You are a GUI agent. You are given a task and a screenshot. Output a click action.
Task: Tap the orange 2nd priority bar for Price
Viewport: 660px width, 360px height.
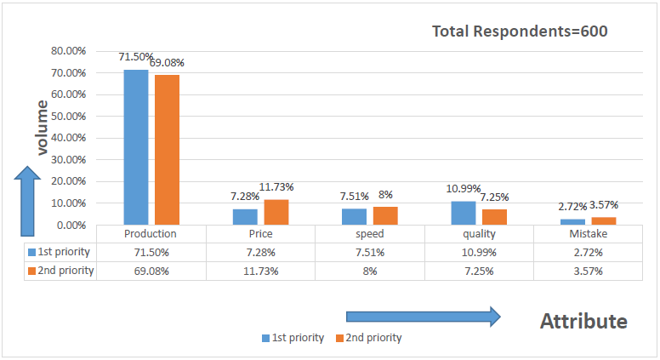[276, 212]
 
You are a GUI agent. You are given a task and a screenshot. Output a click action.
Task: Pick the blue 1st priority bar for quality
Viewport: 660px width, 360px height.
[464, 213]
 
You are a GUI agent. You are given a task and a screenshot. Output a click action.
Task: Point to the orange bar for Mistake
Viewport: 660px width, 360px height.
[604, 220]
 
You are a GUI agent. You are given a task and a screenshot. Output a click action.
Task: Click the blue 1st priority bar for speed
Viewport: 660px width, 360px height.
[354, 216]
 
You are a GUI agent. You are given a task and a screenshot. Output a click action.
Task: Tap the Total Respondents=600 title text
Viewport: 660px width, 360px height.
[520, 31]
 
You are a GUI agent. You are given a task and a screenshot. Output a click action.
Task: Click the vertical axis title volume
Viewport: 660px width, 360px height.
[41, 127]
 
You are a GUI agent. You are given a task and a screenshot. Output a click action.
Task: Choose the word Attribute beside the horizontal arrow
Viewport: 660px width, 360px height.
[583, 321]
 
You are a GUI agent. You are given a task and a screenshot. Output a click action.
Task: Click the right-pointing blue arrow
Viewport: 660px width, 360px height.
[423, 317]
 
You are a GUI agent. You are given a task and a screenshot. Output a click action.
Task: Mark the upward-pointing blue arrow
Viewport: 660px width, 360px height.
[28, 201]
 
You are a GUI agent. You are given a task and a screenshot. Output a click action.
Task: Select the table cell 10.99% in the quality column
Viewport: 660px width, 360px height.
[479, 252]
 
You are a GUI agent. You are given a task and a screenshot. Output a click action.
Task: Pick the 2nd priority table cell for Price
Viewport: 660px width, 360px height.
[260, 271]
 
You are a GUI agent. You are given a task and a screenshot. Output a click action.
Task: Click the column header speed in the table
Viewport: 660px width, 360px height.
[369, 234]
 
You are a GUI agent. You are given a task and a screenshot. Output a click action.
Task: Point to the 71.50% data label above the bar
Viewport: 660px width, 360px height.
[136, 57]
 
